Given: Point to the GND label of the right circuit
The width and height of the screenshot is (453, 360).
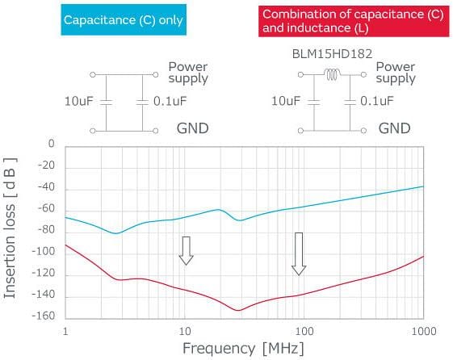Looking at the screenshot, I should point(395,128).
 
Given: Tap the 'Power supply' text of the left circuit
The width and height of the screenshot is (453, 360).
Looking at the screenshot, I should point(187,72).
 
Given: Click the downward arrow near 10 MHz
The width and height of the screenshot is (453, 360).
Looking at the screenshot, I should point(187,250).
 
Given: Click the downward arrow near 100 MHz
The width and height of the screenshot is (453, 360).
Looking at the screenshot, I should point(300,253).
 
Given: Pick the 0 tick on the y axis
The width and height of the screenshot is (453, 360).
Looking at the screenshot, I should point(50,144).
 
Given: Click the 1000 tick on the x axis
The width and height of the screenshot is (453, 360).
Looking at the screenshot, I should point(423,332).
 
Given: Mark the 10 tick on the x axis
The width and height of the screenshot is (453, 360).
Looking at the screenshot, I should point(185,332).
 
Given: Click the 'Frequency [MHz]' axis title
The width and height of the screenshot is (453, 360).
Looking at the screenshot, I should point(245,349).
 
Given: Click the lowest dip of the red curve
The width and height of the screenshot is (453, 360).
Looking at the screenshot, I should point(238,310).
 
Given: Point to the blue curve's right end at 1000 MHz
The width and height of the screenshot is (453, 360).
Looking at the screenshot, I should point(423,186).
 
